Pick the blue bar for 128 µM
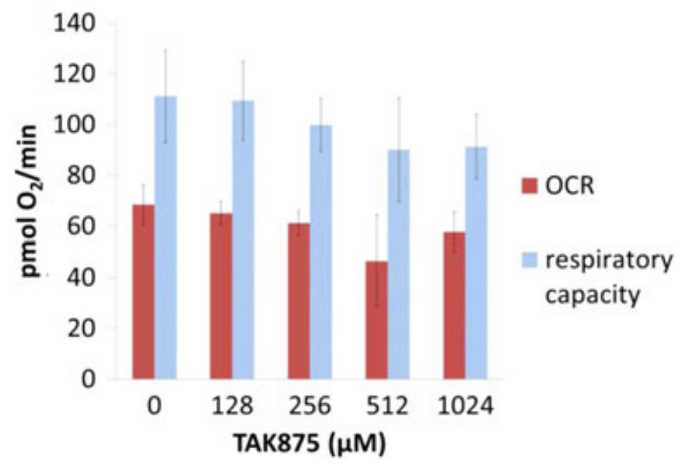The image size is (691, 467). (243, 239)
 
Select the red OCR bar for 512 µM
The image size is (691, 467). (376, 319)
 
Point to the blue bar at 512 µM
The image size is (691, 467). (399, 264)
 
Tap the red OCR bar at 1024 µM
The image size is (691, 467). (454, 305)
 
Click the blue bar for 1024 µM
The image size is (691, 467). (476, 262)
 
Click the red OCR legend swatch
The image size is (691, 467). (530, 186)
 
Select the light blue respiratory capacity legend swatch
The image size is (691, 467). (530, 262)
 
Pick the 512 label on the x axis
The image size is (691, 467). (388, 407)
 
